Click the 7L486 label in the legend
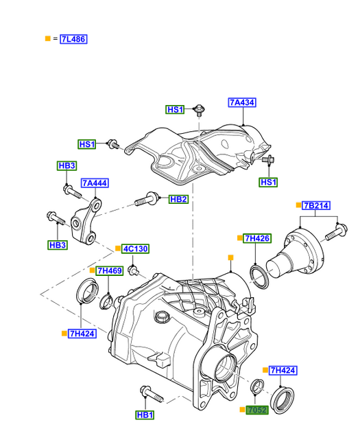pyautogui.click(x=73, y=39)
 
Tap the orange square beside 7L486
pyautogui.click(x=48, y=38)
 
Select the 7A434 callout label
pyautogui.click(x=242, y=102)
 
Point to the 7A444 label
pyautogui.click(x=95, y=183)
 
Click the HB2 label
pyautogui.click(x=178, y=199)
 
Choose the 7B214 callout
pyautogui.click(x=316, y=205)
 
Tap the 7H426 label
pyautogui.click(x=258, y=238)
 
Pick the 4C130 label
pyautogui.click(x=135, y=249)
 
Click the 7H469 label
pyautogui.click(x=110, y=271)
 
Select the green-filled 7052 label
pyautogui.click(x=257, y=410)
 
